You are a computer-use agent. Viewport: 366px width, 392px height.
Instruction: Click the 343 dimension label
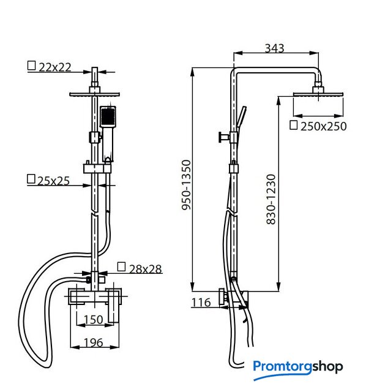pos(274,48)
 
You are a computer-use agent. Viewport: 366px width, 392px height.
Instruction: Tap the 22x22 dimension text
pos(55,67)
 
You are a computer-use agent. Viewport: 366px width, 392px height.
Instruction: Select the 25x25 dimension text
pos(53,181)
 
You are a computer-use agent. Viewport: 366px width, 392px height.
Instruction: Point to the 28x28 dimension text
pos(146,269)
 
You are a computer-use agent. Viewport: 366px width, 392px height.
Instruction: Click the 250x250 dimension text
pos(324,126)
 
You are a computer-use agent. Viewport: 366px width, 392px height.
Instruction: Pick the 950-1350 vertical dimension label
pos(187,186)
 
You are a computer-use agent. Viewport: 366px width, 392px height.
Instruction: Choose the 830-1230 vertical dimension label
pos(271,199)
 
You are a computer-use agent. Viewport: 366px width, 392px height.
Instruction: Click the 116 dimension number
pos(201,303)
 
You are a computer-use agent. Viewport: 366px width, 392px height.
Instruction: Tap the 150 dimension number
pos(93,320)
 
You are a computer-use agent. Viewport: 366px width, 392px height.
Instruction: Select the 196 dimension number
pos(93,342)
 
